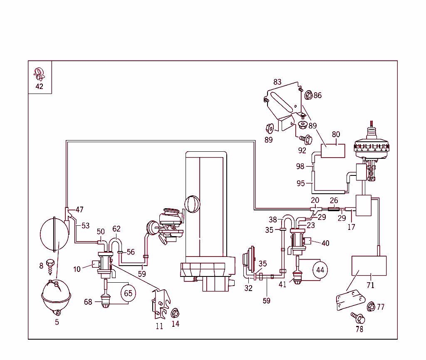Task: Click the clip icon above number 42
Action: (x=39, y=74)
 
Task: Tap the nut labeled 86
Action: (x=308, y=95)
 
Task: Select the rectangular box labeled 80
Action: (x=333, y=150)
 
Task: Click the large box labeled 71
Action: (x=369, y=266)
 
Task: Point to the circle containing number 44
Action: (x=320, y=270)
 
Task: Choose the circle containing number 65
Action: (x=128, y=293)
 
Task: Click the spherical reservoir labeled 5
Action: (x=56, y=296)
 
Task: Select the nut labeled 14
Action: (x=175, y=312)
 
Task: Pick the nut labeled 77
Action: (x=371, y=307)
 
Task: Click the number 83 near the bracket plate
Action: (x=277, y=82)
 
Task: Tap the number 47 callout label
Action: (x=79, y=210)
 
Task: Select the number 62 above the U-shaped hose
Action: (x=116, y=229)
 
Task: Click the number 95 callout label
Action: (x=301, y=183)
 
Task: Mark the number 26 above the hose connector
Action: (x=334, y=201)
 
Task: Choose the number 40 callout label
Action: (x=325, y=243)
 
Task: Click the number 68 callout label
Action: (x=88, y=302)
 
